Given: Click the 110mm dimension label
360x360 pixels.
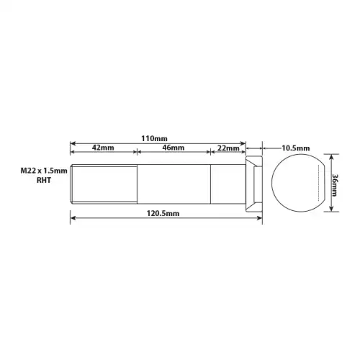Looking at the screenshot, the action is (x=154, y=138).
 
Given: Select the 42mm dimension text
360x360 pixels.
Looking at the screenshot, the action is (x=103, y=148).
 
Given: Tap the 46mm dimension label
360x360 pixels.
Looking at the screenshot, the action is (x=174, y=148).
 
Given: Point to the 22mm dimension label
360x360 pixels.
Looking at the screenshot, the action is (x=228, y=148).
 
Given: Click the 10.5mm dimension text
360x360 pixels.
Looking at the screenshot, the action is (x=296, y=148).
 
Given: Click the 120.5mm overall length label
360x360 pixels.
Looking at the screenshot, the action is (x=163, y=213).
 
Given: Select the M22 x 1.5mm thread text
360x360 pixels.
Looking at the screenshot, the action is (x=44, y=171).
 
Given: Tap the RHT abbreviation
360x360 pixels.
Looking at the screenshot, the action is (x=44, y=180).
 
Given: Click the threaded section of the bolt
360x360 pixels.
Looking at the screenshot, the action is (x=104, y=184).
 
